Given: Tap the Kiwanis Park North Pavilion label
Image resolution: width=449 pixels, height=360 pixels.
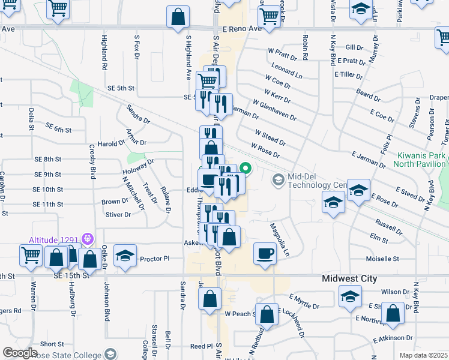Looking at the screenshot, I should [x=421, y=159].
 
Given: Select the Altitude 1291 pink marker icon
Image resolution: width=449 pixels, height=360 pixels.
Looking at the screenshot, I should [x=88, y=238].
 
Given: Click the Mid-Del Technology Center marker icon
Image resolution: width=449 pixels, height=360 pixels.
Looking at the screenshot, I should [x=278, y=179].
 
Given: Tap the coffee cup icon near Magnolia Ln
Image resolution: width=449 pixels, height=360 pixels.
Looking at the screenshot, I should [x=265, y=253].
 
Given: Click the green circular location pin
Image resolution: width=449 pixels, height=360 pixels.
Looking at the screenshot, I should [x=245, y=169].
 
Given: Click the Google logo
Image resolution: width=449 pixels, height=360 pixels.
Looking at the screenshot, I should [x=20, y=352].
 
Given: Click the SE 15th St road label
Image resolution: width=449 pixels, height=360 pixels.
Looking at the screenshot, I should [x=69, y=275].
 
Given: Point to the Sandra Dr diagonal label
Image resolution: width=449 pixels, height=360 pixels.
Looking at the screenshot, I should [x=137, y=113].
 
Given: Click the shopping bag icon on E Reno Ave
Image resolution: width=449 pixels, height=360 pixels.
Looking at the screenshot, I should [x=178, y=17].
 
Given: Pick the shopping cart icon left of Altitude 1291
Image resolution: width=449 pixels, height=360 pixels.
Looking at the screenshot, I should [x=31, y=255].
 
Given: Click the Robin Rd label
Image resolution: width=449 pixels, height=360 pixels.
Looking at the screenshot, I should [x=306, y=50].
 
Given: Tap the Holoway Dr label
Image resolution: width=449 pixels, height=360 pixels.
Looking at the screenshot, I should [x=139, y=169].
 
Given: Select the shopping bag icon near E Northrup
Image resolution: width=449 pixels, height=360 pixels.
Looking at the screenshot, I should [x=392, y=314].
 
